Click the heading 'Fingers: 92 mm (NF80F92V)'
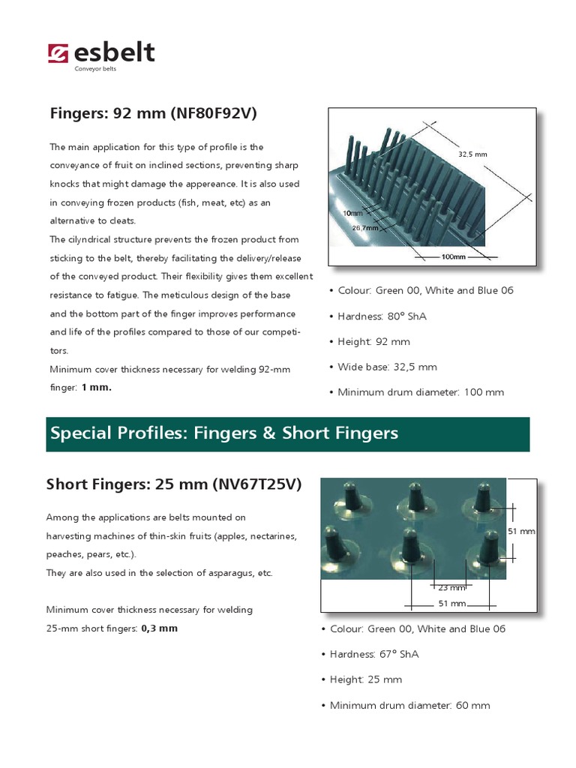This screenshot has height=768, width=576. pyautogui.click(x=154, y=114)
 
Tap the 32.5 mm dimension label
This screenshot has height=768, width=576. pyautogui.click(x=472, y=154)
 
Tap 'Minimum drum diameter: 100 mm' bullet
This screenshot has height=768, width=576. pyautogui.click(x=417, y=392)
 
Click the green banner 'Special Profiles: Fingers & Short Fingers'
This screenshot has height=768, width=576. pyautogui.click(x=288, y=433)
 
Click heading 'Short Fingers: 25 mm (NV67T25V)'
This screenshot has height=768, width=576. pyautogui.click(x=174, y=484)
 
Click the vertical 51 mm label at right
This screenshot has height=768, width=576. pyautogui.click(x=521, y=531)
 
